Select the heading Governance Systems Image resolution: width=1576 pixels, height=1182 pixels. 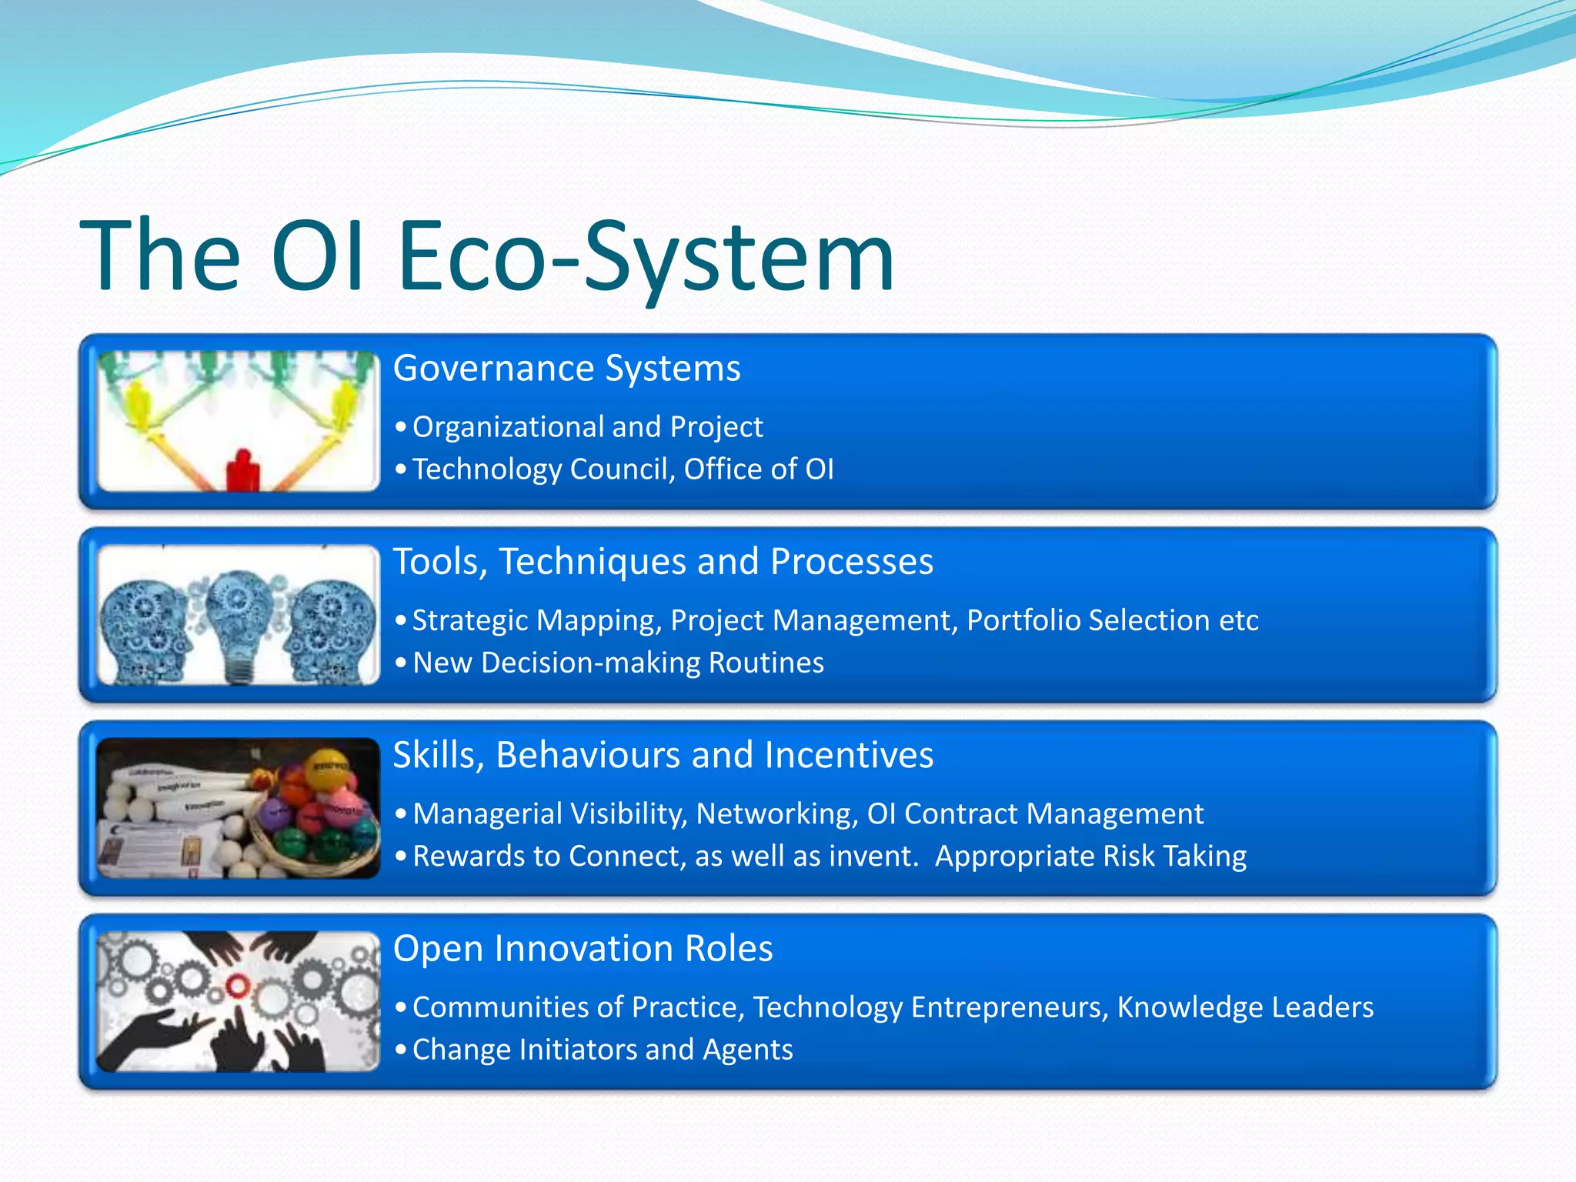(x=566, y=369)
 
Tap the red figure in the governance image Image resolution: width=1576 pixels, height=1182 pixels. (x=242, y=470)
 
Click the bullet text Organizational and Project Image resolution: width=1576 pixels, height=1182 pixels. (x=587, y=427)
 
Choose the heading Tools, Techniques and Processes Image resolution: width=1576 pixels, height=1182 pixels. (x=663, y=562)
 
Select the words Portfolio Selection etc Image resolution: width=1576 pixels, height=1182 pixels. (x=1112, y=620)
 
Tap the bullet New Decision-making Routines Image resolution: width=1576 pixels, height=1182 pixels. (x=618, y=663)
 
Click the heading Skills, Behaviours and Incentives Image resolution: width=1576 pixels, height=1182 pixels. (x=663, y=755)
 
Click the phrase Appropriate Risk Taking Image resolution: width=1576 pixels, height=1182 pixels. (x=1090, y=856)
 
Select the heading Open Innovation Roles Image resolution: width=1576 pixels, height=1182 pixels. (x=583, y=948)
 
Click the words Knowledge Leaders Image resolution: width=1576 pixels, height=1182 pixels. (x=1244, y=1007)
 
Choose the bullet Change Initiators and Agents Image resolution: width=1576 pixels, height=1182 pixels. (x=603, y=1050)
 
